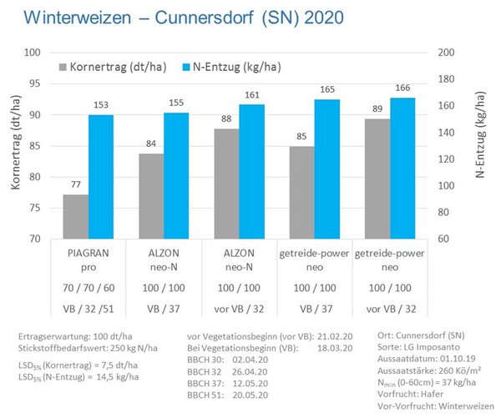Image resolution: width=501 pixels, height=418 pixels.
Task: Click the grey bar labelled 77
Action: (76, 217)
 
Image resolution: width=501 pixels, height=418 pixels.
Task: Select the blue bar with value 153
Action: (101, 177)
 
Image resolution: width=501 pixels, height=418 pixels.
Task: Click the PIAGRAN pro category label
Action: (89, 258)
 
